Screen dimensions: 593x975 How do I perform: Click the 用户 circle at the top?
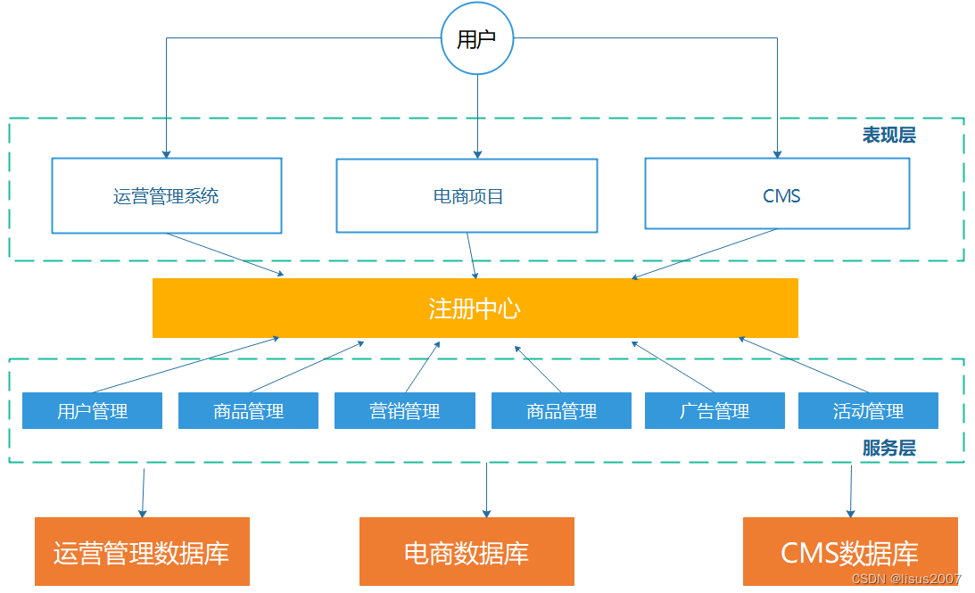pyautogui.click(x=477, y=39)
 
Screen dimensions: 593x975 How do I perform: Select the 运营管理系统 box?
pyautogui.click(x=166, y=196)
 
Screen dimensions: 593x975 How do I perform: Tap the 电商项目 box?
pyautogui.click(x=467, y=196)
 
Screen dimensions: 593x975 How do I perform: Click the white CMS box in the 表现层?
pyautogui.click(x=777, y=194)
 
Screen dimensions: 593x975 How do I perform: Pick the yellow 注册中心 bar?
pyautogui.click(x=475, y=309)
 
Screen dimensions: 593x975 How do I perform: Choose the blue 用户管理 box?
pyautogui.click(x=92, y=411)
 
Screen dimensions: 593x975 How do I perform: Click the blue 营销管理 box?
pyautogui.click(x=404, y=411)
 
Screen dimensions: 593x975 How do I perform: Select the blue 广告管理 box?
pyautogui.click(x=715, y=411)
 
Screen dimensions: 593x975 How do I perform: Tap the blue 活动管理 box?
pyautogui.click(x=868, y=411)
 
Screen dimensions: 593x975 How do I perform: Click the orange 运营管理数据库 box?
pyautogui.click(x=142, y=552)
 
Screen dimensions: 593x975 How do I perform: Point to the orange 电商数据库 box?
pyautogui.click(x=467, y=552)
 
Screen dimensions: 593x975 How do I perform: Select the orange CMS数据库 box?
pyautogui.click(x=849, y=552)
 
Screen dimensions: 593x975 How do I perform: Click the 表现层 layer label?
pyautogui.click(x=888, y=136)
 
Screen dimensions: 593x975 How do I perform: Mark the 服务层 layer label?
pyautogui.click(x=888, y=449)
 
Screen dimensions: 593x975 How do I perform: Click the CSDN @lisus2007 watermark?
pyautogui.click(x=906, y=580)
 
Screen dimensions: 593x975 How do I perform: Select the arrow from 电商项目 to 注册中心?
pyautogui.click(x=472, y=256)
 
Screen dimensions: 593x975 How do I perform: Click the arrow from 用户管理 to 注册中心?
pyautogui.click(x=187, y=365)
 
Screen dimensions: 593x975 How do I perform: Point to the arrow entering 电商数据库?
pyautogui.click(x=486, y=490)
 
